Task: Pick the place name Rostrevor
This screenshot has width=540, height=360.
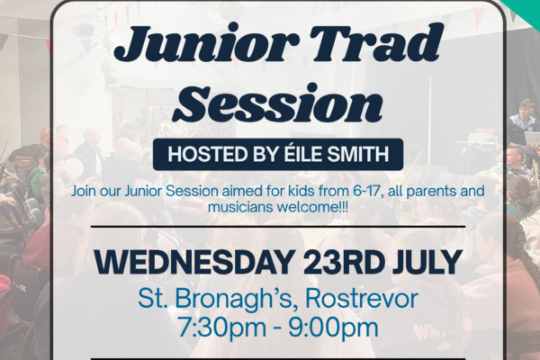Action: pos(362,298)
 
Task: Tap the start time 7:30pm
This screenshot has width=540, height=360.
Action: pos(221,328)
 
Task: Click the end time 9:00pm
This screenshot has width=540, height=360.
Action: pos(333,328)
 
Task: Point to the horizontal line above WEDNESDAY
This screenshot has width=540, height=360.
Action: pos(278,227)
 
